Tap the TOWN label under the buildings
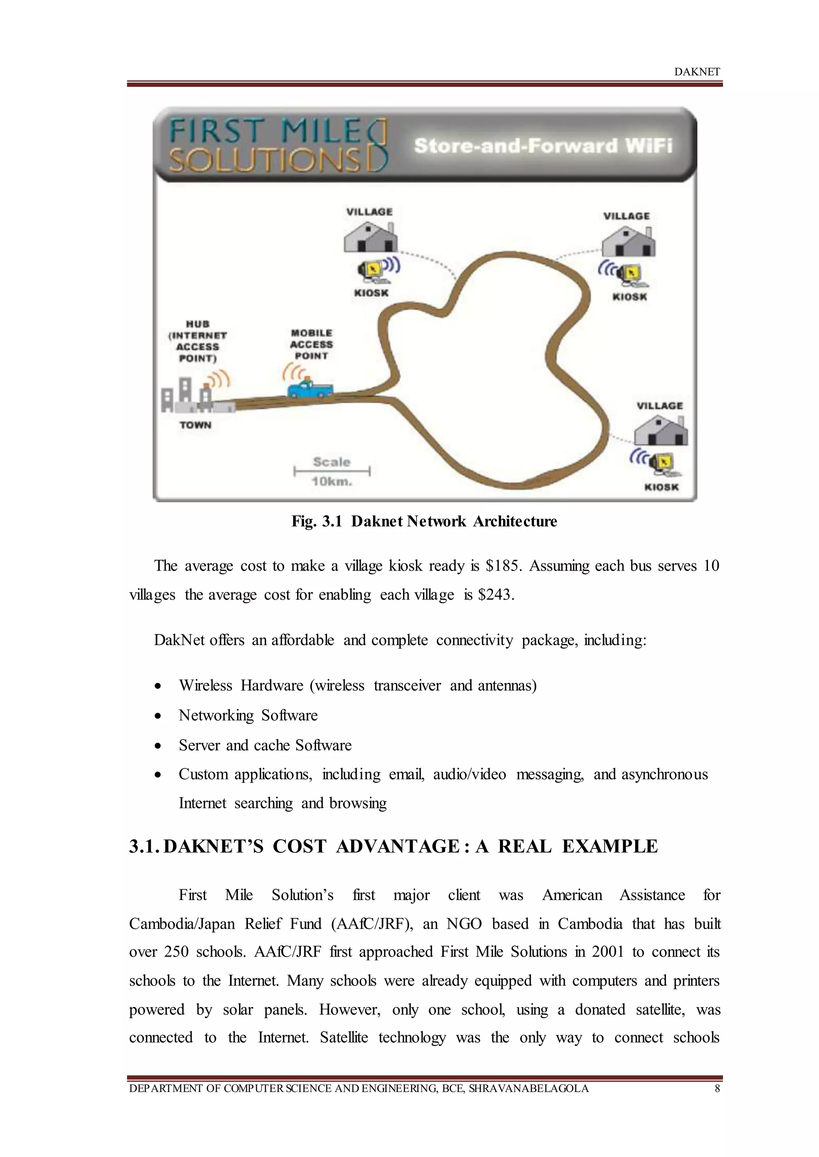click(195, 425)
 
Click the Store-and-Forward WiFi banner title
click(543, 146)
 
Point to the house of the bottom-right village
click(660, 431)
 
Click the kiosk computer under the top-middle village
click(372, 270)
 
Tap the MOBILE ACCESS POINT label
click(311, 344)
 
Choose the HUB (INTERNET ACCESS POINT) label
click(197, 341)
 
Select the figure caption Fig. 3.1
click(317, 521)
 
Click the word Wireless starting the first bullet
click(205, 686)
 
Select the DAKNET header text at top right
click(697, 72)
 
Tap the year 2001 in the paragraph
click(610, 952)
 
